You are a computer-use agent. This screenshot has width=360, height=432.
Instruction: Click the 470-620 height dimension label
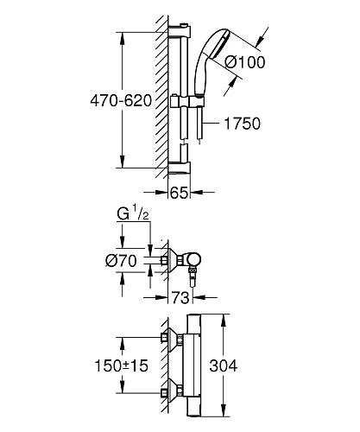pyautogui.click(x=121, y=101)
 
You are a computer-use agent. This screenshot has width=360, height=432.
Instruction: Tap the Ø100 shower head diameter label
pyautogui.click(x=245, y=62)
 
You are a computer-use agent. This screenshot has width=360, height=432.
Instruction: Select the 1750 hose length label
pyautogui.click(x=242, y=124)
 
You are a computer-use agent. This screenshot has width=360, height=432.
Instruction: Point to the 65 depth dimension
pyautogui.click(x=179, y=193)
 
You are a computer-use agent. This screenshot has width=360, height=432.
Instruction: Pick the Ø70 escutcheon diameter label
pyautogui.click(x=121, y=261)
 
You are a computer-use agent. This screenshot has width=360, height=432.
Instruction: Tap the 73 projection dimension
pyautogui.click(x=180, y=297)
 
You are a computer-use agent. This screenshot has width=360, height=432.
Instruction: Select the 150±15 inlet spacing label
pyautogui.click(x=121, y=365)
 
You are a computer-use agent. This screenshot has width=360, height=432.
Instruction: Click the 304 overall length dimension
pyautogui.click(x=224, y=365)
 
